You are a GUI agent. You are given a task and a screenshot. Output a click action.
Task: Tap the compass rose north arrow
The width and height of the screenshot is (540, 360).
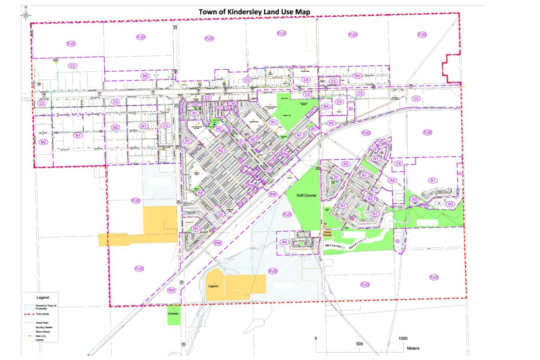[26, 15]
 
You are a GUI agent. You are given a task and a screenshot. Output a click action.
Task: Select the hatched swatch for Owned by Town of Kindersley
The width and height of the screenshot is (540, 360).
[29, 306]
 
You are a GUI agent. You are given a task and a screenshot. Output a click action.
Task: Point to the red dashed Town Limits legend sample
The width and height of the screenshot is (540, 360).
[29, 314]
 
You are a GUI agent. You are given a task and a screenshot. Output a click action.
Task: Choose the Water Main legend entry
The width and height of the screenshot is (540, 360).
[42, 323]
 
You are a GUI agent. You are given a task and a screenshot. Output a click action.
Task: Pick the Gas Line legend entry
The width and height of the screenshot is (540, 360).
[40, 336]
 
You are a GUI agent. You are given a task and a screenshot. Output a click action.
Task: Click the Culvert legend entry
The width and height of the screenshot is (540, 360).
[40, 341]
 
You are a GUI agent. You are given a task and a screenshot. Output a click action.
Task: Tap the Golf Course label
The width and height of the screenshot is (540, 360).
[307, 196]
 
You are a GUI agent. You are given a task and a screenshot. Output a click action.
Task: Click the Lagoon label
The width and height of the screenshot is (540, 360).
[213, 286]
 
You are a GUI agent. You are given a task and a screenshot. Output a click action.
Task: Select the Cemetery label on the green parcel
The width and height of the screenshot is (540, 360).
[173, 313]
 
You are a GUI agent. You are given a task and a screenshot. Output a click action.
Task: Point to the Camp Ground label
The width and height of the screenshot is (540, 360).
[327, 234]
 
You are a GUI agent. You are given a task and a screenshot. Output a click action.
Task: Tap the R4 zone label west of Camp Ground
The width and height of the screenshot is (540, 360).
[284, 242]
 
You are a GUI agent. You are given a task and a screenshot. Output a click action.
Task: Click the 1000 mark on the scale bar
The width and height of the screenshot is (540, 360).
[403, 338]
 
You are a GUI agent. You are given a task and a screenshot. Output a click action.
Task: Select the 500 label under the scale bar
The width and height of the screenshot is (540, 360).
[360, 344]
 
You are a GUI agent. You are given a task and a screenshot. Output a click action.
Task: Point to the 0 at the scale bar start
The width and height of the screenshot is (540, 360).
[316, 338]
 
